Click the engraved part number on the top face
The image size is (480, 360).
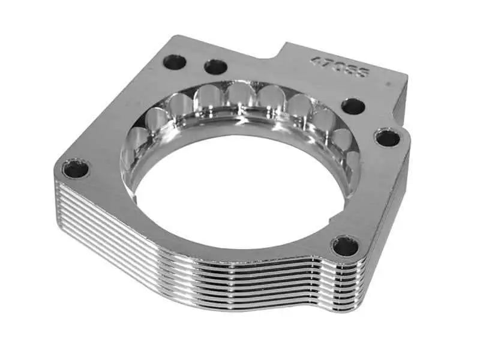point(340,68)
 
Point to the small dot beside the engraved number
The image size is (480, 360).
point(389,85)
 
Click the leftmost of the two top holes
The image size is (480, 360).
point(175,61)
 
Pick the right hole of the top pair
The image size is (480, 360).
point(215,67)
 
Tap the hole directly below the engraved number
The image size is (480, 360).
point(353,106)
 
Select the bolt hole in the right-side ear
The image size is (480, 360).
point(388,138)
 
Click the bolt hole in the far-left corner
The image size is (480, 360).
point(76,169)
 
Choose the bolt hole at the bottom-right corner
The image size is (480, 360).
point(346,245)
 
